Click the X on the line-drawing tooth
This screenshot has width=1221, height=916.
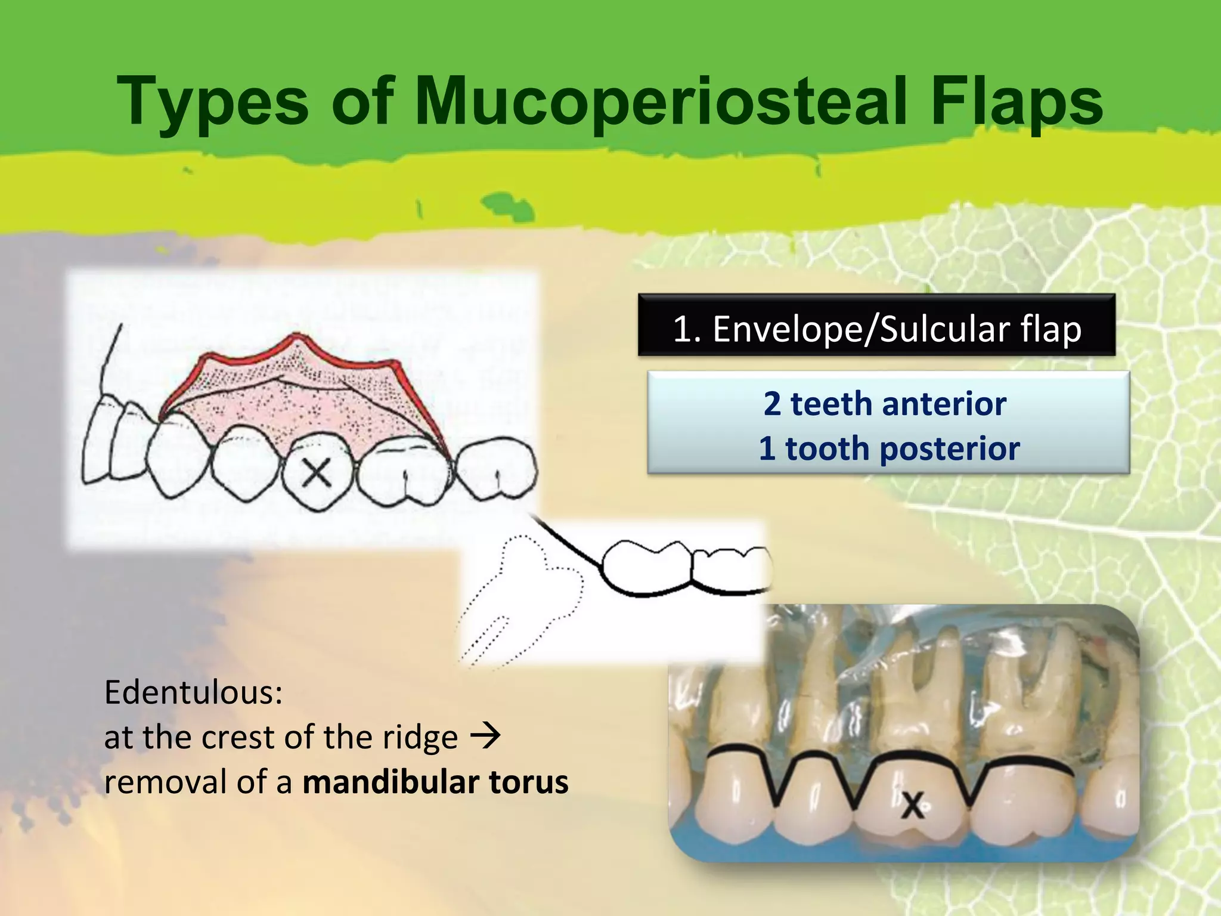tap(317, 474)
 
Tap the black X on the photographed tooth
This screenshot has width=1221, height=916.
tap(913, 806)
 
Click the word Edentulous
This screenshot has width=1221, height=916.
tap(193, 692)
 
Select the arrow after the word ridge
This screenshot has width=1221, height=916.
tap(485, 736)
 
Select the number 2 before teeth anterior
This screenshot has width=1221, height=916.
tap(772, 404)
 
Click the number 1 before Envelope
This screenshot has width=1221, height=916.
tap(683, 329)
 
